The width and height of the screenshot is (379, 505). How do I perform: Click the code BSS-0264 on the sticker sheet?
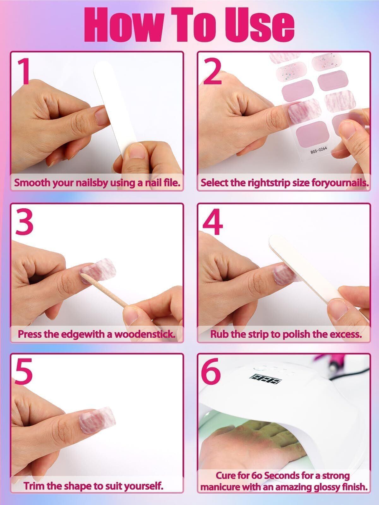(318, 150)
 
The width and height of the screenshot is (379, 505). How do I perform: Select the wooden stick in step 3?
(105, 291)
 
